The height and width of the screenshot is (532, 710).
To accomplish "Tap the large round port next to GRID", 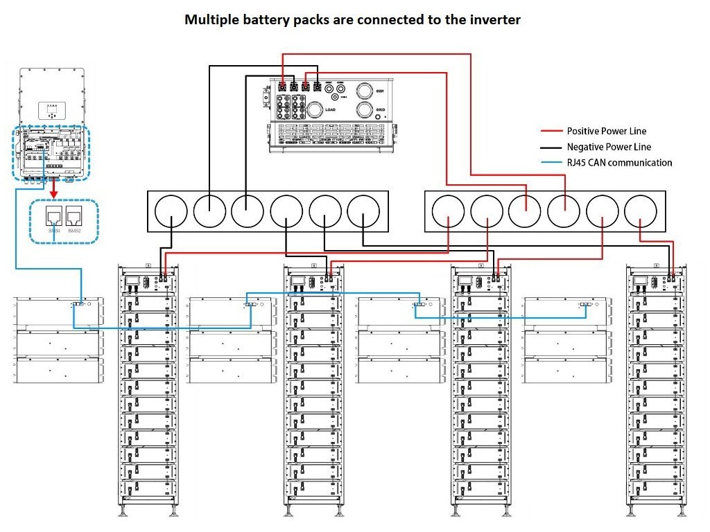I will click(365, 110).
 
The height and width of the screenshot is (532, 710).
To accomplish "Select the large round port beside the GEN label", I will click(365, 90).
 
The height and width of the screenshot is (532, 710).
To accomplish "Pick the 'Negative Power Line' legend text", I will click(609, 147).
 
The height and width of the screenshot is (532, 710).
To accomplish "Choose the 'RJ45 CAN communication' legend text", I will click(619, 163).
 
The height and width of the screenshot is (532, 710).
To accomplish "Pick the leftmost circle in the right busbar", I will click(449, 211).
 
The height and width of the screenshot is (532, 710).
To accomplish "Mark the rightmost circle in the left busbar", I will click(363, 211).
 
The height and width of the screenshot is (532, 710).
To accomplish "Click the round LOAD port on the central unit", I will click(315, 109).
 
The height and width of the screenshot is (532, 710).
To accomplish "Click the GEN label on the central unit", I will click(379, 91).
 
